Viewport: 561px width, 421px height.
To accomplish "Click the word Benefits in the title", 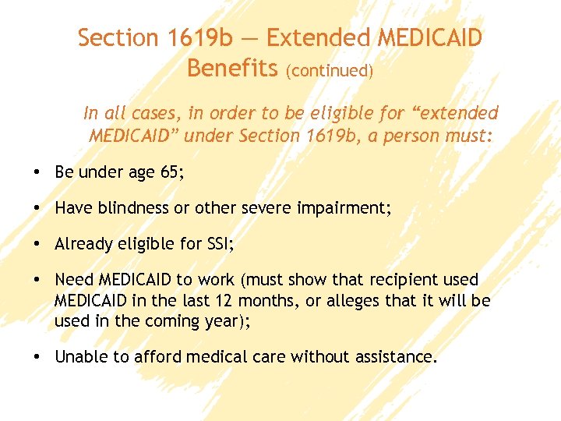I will (232, 69).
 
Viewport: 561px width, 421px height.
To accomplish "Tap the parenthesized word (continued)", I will (330, 71).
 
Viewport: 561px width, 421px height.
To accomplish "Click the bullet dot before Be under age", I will (37, 172).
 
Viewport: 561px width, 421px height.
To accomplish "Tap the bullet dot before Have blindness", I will (37, 208).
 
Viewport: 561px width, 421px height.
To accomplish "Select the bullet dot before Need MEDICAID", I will (37, 280).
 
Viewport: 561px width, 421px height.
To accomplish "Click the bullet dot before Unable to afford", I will (37, 357).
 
